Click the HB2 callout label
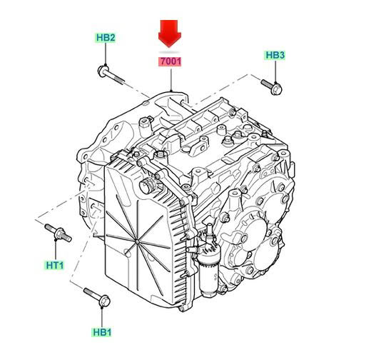(x=106, y=38)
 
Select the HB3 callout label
(x=275, y=55)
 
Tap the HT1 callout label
(x=55, y=265)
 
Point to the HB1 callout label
(x=102, y=332)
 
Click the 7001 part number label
(x=171, y=61)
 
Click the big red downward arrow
(x=170, y=34)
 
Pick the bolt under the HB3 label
(x=272, y=87)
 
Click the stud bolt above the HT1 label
(x=58, y=233)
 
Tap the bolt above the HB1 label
(x=97, y=297)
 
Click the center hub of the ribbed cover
(x=138, y=242)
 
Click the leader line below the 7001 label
(x=171, y=80)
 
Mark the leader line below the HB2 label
(x=106, y=54)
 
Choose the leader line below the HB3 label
(x=275, y=71)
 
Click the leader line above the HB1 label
(x=102, y=317)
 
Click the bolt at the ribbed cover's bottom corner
(x=181, y=309)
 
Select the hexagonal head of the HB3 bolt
(x=277, y=89)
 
